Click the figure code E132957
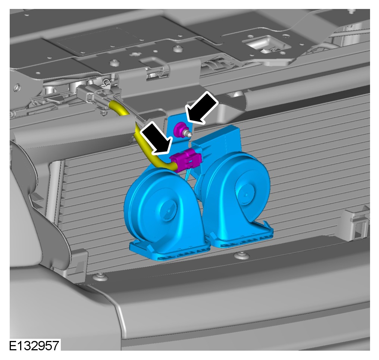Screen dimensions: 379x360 [34, 346]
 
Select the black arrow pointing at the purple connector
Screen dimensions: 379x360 [157, 137]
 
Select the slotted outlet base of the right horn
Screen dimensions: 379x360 [242, 235]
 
